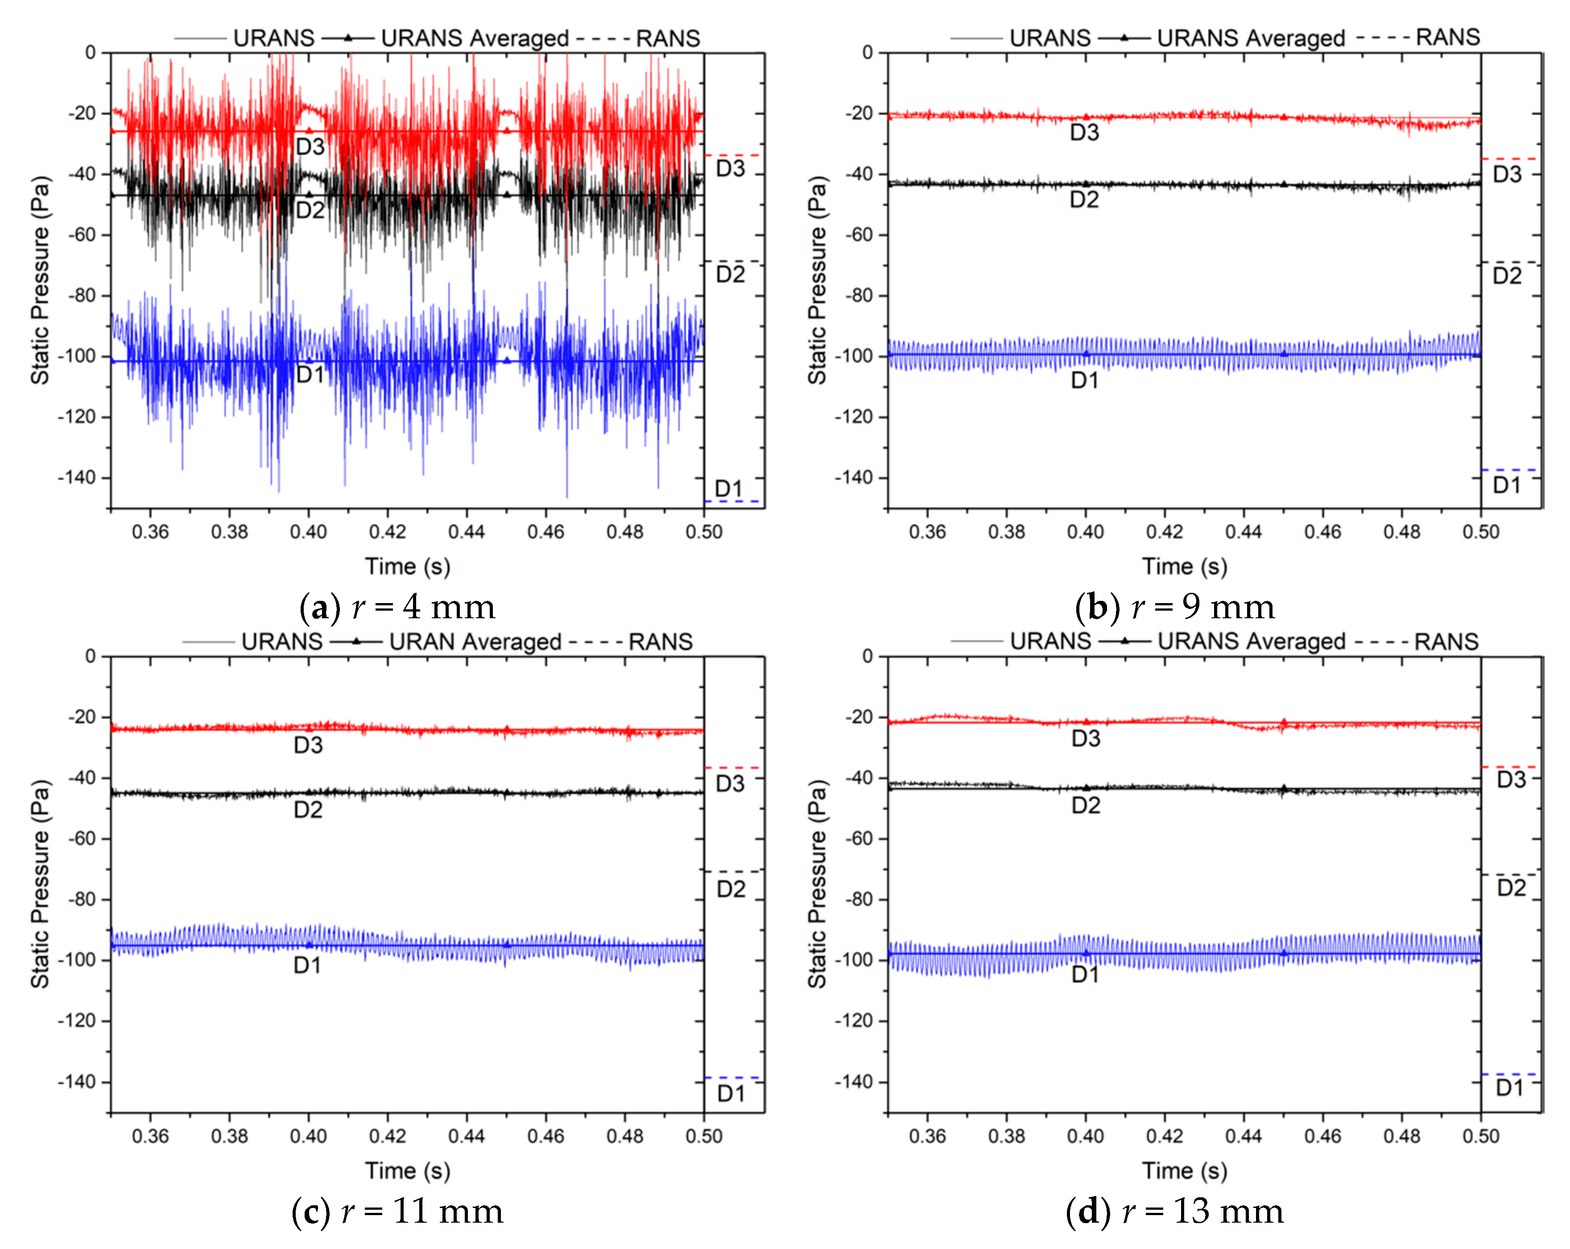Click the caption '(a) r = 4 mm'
click(397, 607)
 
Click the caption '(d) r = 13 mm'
click(1174, 1211)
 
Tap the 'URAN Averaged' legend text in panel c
click(475, 641)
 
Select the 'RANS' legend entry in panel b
click(1448, 37)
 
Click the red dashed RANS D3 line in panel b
click(1511, 158)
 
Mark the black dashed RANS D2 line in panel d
click(1511, 874)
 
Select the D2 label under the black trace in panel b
click(1083, 199)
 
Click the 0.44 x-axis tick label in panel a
click(466, 532)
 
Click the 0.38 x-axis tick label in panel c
click(229, 1136)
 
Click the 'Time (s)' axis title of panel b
click(1184, 566)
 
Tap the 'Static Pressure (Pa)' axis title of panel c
click(40, 883)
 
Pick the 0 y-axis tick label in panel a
click(90, 53)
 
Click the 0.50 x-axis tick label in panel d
click(1480, 1136)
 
